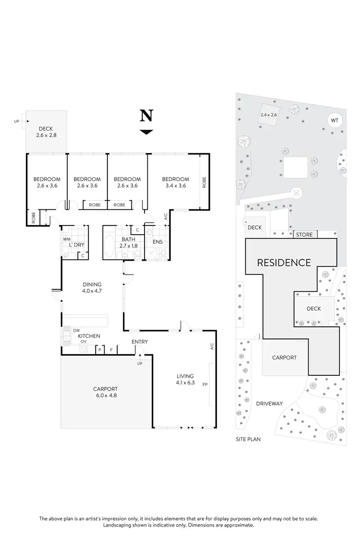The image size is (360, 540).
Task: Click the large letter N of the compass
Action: point(146,116)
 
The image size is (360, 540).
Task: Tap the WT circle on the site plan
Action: point(335,120)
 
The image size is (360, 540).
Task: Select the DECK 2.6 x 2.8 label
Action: point(46,132)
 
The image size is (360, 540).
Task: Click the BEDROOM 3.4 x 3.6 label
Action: point(175,182)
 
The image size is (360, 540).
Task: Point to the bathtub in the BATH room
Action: point(109,246)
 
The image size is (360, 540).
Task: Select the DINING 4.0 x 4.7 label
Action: point(92,288)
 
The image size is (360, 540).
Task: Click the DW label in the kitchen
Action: point(76,330)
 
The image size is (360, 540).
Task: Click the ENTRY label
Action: point(140,342)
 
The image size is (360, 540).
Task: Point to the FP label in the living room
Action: point(205,384)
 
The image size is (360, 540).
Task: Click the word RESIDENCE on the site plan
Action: point(284,263)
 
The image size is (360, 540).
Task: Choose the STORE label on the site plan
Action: point(304,235)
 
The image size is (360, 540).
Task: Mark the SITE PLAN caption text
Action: point(249,439)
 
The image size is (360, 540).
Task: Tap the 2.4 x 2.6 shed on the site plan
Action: point(269,115)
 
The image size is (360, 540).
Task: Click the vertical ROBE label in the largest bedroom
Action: point(204,182)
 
